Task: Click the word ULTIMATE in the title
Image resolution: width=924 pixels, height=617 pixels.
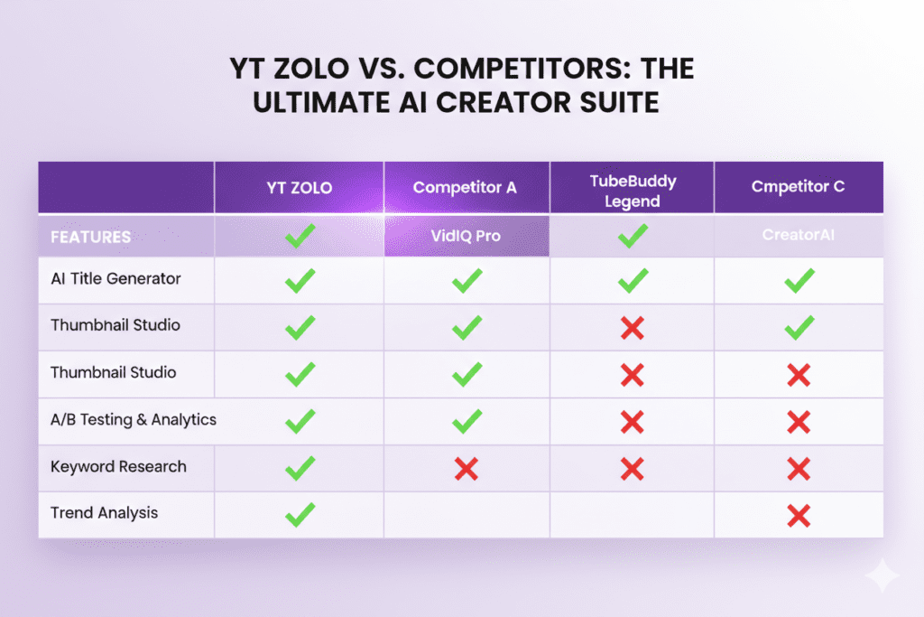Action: (313, 102)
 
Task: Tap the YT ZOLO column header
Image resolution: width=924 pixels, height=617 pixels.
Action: (299, 187)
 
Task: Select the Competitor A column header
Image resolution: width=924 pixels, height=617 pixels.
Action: (465, 187)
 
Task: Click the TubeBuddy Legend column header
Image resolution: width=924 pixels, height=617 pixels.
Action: (632, 191)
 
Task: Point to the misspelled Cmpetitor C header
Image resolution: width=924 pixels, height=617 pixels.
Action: (798, 187)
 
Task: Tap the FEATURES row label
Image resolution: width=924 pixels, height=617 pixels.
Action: (90, 237)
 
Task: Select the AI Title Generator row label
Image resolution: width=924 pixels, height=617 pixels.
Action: (115, 279)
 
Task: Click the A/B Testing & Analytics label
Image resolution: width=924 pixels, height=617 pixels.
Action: (134, 419)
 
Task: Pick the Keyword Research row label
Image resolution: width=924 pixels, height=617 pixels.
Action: (118, 466)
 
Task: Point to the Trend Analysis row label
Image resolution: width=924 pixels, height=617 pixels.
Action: (104, 512)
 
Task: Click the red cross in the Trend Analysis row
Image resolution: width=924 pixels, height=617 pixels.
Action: (798, 516)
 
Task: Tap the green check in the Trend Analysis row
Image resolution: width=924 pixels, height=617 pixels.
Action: (300, 515)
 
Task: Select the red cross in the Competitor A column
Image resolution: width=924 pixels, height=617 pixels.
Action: (466, 468)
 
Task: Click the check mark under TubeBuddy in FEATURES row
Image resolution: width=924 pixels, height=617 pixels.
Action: (633, 238)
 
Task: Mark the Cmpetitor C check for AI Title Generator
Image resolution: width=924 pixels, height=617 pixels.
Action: (799, 281)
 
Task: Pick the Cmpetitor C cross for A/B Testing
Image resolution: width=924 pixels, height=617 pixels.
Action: (798, 421)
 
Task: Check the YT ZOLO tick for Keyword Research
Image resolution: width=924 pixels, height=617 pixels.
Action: (300, 468)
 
